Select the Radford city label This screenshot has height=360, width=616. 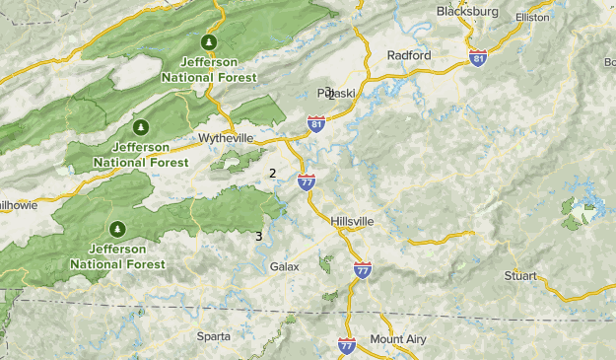point(409,55)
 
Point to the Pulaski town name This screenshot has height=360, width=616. point(336,94)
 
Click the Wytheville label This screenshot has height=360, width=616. point(226,137)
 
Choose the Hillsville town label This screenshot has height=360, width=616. point(354,219)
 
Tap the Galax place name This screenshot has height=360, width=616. point(284,267)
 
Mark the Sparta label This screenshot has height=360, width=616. point(214,336)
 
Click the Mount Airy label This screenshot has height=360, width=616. point(398,339)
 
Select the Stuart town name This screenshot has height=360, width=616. point(520,276)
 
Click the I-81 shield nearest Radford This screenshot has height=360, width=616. point(478,58)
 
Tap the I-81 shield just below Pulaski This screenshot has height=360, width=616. point(316,123)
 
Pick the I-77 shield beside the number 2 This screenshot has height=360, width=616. point(307,180)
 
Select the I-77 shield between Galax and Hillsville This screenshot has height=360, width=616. point(363,269)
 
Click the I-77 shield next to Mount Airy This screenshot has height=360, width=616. point(347,345)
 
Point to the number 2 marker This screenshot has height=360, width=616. point(272,174)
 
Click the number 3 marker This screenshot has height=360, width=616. point(258,236)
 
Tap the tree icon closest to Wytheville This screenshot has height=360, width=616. point(141,127)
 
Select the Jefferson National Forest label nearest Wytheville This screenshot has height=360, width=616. point(141,154)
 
